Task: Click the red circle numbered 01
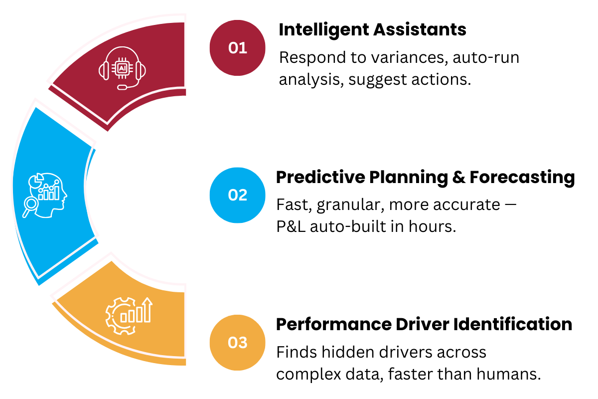(237, 48)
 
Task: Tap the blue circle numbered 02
(237, 195)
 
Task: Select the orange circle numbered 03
(237, 343)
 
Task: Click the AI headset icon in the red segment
(122, 68)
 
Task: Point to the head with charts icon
(45, 195)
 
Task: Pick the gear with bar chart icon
(129, 316)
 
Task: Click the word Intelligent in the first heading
(323, 30)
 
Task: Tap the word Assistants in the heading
(420, 29)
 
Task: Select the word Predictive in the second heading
(320, 177)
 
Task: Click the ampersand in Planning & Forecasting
(458, 178)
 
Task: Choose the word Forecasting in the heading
(522, 178)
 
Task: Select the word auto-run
(486, 58)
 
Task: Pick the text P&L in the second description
(291, 226)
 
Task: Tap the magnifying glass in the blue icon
(30, 206)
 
